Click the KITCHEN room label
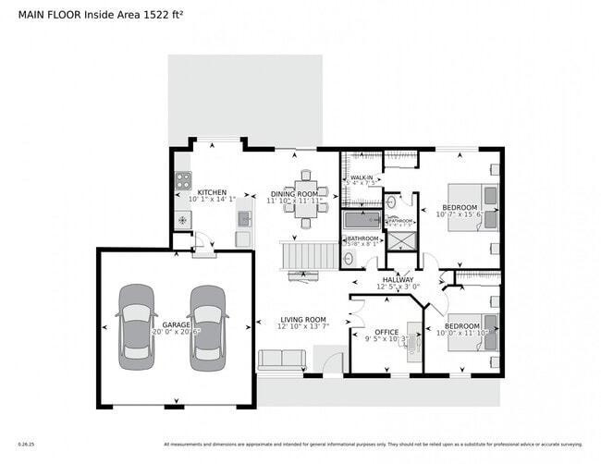coord(212,192)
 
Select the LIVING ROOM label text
coord(303,319)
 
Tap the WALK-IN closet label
coord(362,176)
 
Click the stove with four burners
coord(183,181)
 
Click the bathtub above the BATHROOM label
coord(361,220)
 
